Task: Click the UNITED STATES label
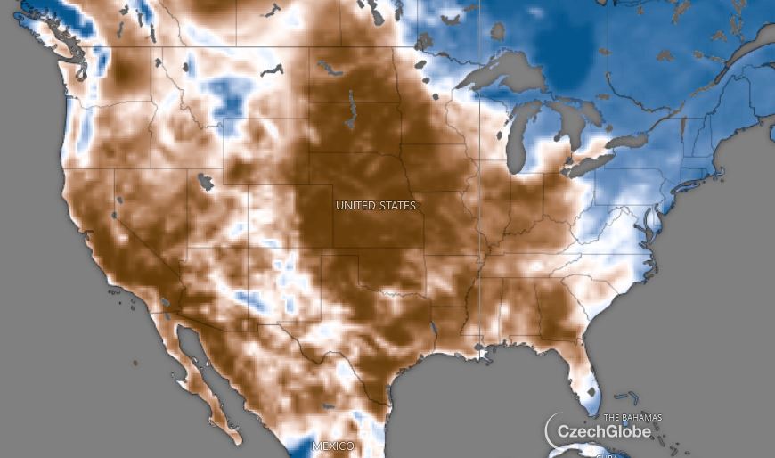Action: point(375,206)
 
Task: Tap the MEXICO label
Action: point(332,446)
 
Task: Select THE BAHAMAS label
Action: point(632,418)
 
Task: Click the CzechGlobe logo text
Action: point(603,432)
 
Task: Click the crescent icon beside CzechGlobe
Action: point(553,429)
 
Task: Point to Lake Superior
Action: point(499,75)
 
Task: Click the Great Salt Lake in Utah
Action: point(206,183)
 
